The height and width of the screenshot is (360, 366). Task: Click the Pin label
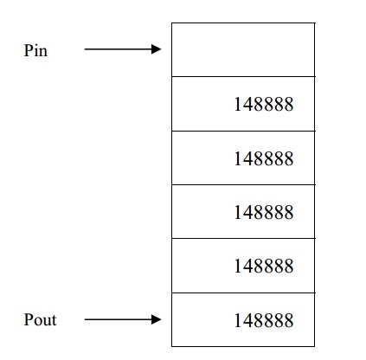(x=35, y=50)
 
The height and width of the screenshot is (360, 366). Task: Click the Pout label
(x=40, y=319)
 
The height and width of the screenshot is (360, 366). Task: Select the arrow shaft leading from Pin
(x=118, y=49)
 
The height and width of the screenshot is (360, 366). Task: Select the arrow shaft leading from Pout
(x=118, y=319)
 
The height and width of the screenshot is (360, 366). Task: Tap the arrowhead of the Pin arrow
(x=156, y=49)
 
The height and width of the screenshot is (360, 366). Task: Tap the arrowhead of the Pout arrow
(x=156, y=319)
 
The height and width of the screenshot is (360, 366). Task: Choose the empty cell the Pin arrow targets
(x=243, y=49)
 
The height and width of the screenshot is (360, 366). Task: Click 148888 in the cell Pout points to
(x=264, y=320)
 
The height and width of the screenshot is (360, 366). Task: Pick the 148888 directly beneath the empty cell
(x=264, y=104)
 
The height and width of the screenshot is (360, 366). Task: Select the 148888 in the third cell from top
(x=264, y=158)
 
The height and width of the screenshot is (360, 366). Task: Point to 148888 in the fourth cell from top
(x=264, y=212)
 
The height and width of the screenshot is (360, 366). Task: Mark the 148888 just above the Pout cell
(x=264, y=266)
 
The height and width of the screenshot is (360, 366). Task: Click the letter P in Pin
(x=28, y=50)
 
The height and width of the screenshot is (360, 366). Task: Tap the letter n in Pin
(x=43, y=52)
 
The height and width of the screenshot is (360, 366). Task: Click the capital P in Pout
(x=28, y=319)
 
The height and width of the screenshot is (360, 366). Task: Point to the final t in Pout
(x=54, y=321)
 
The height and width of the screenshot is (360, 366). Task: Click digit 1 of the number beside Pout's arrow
(x=237, y=320)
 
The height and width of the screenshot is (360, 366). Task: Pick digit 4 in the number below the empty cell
(x=247, y=104)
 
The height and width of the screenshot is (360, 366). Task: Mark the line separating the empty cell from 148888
(x=243, y=76)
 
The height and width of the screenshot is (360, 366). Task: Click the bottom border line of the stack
(x=243, y=346)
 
